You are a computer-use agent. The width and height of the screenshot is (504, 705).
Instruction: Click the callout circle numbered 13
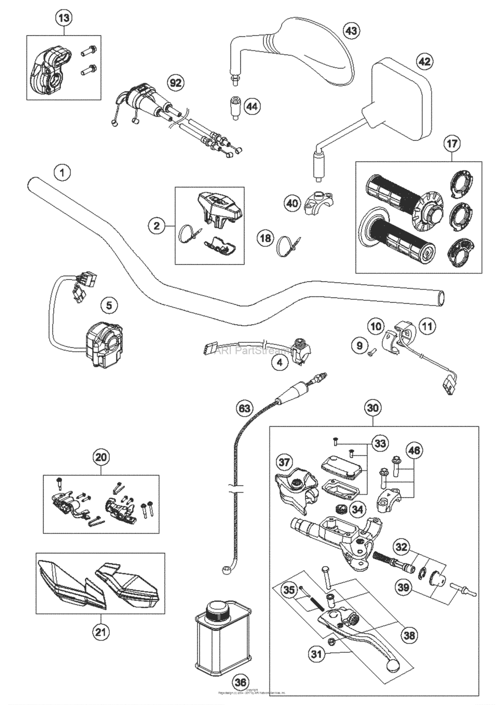[64, 18]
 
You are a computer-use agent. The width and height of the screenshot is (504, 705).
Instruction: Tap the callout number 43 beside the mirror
[352, 31]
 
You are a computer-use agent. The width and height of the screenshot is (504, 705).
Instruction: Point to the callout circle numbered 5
[109, 306]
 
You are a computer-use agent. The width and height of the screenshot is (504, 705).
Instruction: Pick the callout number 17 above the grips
[452, 144]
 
